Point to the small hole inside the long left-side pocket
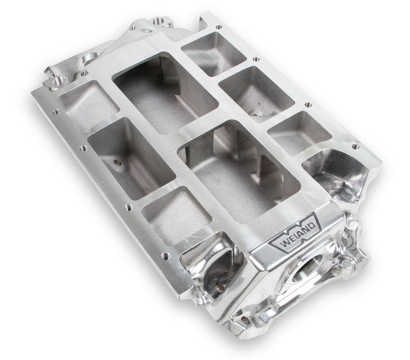pos(118,164)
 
